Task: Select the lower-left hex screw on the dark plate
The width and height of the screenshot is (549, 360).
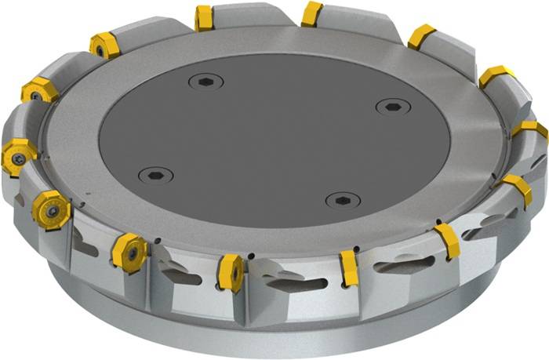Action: point(155,174)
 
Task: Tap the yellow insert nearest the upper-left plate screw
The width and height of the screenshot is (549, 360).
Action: point(205,16)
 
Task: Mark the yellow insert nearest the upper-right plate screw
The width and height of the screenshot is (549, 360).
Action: point(421,36)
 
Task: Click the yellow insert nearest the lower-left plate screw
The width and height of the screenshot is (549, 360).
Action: point(128,249)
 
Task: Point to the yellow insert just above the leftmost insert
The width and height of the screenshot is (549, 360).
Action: point(37,92)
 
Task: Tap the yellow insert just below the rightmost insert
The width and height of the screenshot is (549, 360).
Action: point(517,189)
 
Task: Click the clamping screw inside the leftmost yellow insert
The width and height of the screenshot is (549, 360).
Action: point(15,156)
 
